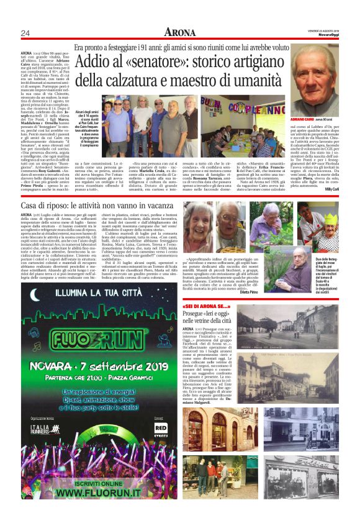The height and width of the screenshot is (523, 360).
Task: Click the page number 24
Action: [x=25, y=33]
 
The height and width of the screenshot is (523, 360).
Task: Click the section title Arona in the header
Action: [x=179, y=32]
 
